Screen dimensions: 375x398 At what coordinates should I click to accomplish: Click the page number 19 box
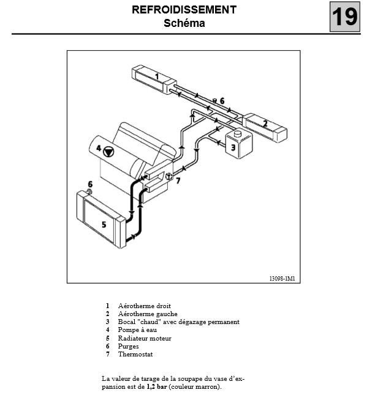point(345,17)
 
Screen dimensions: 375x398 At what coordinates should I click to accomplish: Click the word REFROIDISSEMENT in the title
point(184,10)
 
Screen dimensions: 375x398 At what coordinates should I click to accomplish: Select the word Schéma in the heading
point(184,23)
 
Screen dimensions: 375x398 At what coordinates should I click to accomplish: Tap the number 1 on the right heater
point(157,76)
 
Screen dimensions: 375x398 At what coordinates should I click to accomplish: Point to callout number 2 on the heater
point(265,123)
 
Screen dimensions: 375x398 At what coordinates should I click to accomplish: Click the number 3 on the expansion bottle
point(233,147)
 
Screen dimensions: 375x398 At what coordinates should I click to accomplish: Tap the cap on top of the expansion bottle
point(238,133)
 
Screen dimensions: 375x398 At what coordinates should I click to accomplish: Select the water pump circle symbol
point(108,152)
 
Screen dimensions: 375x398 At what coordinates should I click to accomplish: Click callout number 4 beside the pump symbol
point(99,148)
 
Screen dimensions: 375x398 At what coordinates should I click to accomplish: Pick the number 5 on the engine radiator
point(104,224)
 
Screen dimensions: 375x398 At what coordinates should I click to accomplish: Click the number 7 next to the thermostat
point(178,180)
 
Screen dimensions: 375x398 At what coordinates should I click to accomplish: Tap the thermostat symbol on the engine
point(169,176)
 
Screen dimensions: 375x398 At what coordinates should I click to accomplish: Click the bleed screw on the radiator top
point(89,191)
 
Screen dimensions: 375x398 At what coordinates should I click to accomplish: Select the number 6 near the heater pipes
point(222,101)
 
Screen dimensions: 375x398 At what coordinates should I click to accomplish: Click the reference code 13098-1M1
point(282,278)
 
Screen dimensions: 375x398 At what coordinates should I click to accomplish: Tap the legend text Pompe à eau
point(137,330)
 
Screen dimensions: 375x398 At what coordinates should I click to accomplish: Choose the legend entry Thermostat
point(135,355)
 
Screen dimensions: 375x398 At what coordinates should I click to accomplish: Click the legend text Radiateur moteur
point(145,338)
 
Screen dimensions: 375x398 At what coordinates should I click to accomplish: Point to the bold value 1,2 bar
point(157,387)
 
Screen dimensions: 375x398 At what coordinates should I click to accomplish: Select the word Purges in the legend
point(128,347)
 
